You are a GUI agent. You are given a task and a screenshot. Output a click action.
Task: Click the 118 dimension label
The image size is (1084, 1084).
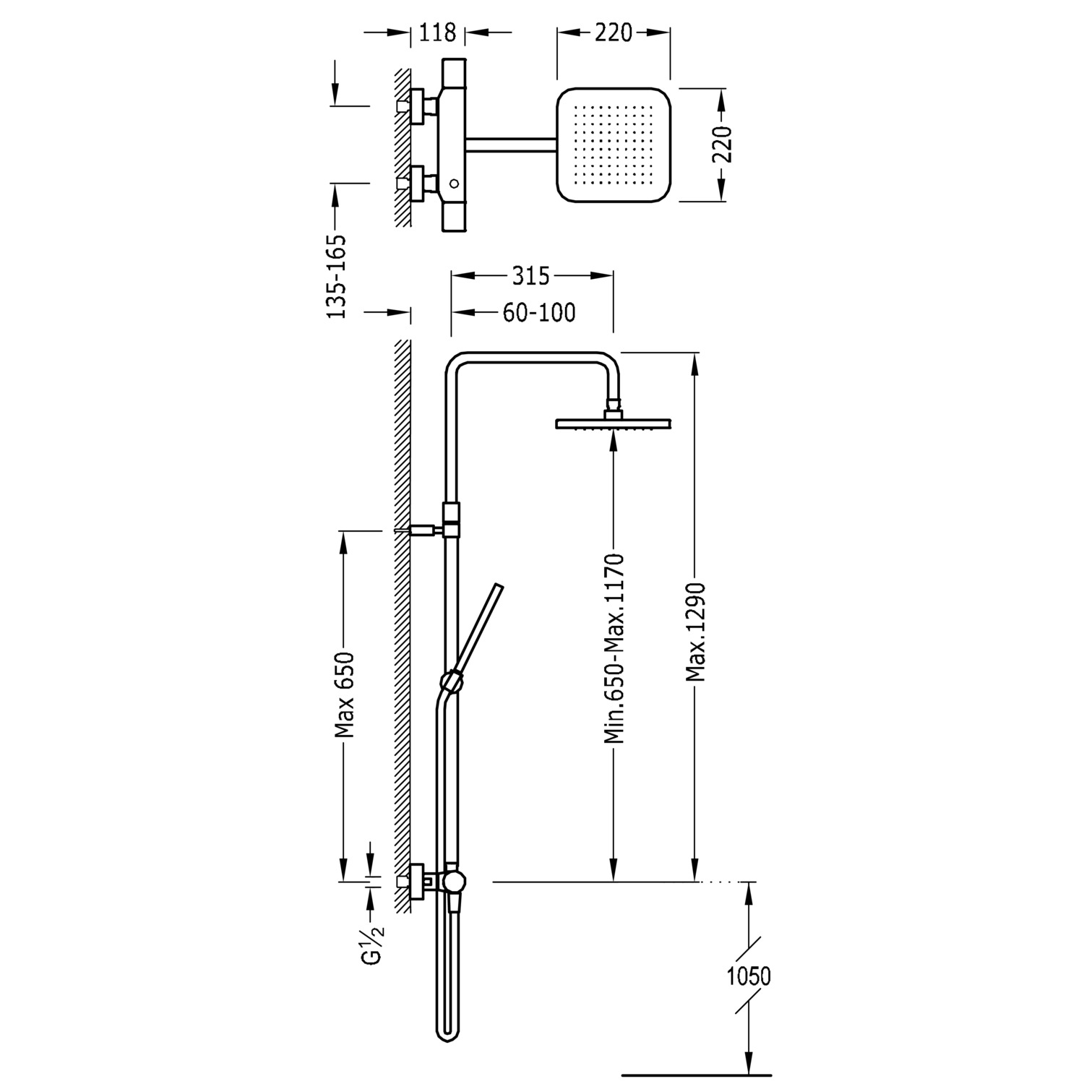[438, 33]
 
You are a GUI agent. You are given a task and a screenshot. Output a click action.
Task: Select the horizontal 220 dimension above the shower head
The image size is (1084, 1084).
[613, 33]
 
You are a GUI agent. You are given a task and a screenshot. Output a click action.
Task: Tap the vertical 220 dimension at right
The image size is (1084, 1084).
[723, 144]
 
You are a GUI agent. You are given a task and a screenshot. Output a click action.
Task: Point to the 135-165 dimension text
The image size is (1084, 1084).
[337, 277]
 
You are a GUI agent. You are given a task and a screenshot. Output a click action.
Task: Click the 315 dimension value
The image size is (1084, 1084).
[531, 275]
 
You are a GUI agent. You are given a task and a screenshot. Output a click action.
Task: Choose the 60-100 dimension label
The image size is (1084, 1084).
[539, 312]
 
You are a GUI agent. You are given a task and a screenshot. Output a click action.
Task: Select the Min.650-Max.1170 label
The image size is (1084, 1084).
[614, 648]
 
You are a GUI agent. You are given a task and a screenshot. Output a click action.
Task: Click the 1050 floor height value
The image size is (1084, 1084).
[749, 976]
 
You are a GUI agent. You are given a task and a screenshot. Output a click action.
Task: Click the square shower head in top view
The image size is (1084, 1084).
[614, 145]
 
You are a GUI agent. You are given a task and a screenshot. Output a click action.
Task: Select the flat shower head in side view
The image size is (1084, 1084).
[614, 424]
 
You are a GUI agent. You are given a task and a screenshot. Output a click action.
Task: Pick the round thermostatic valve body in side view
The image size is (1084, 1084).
[455, 880]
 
